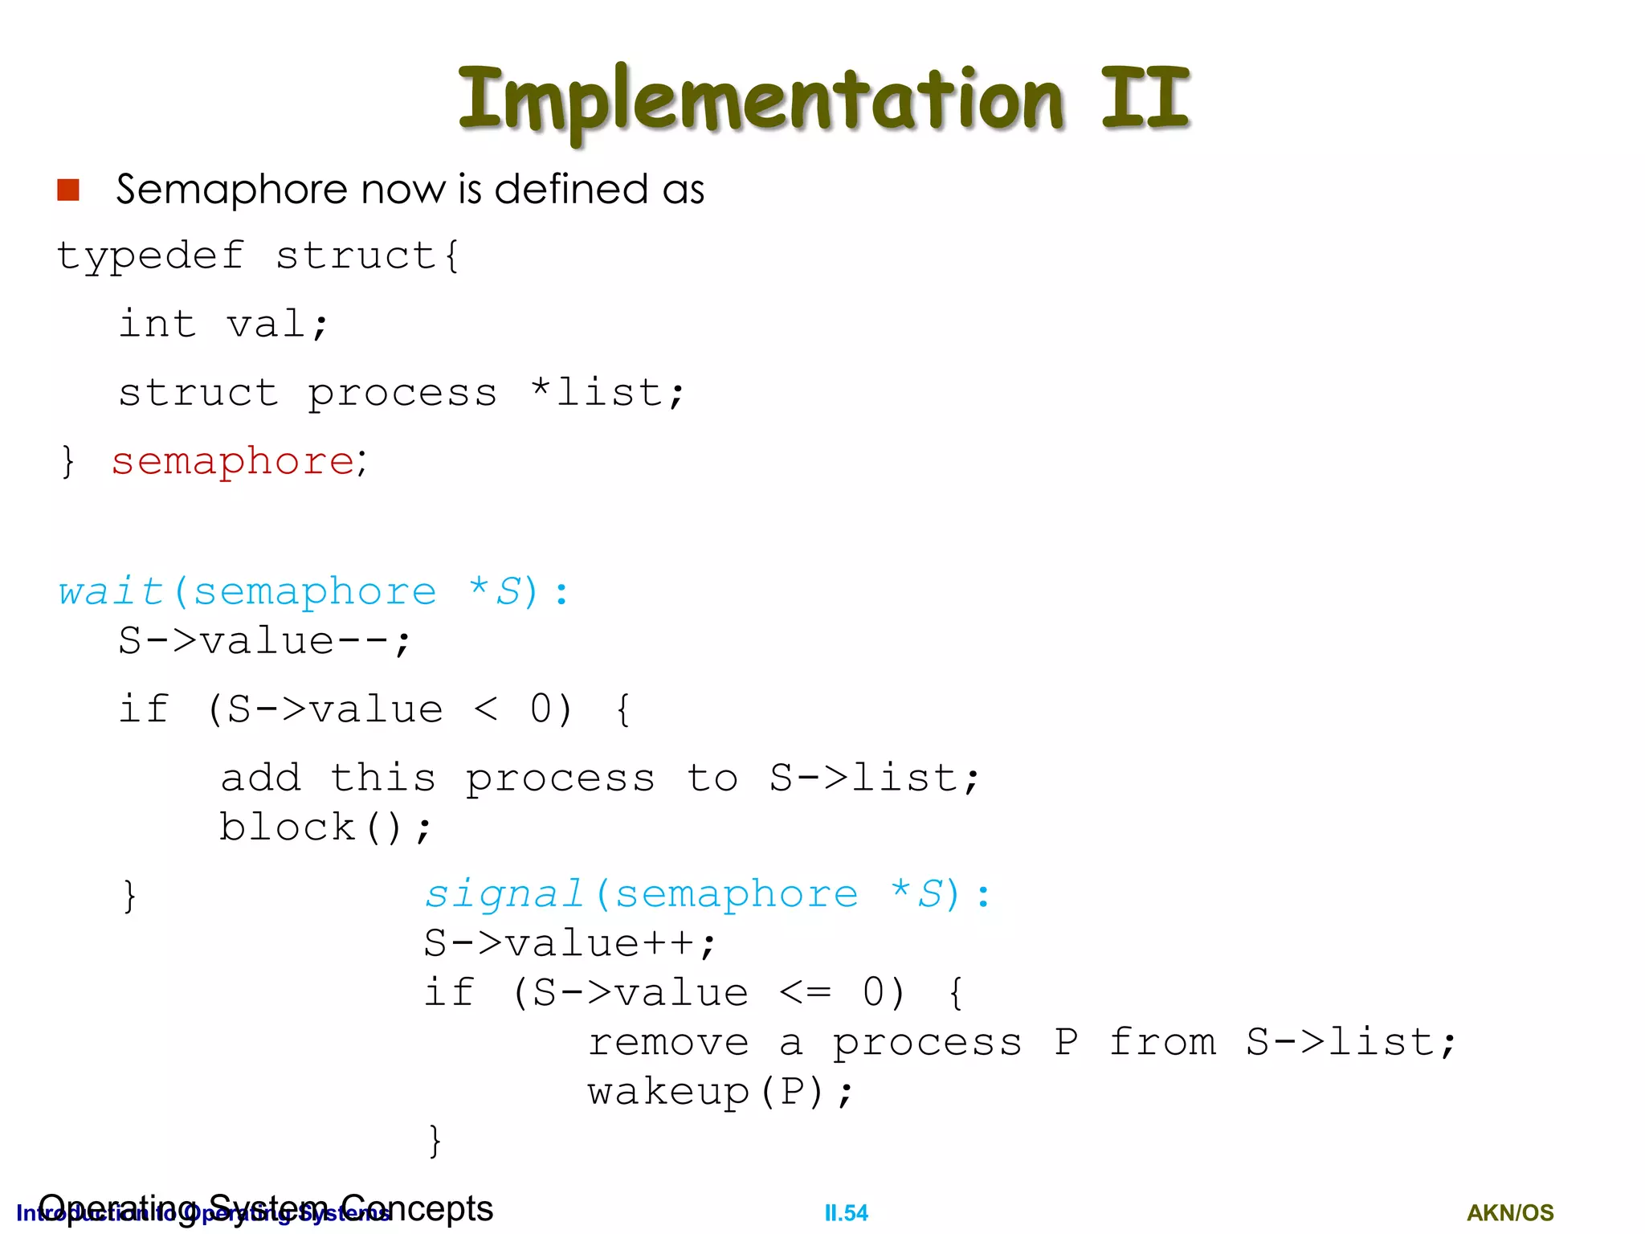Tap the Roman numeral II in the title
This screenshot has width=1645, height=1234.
pos(1145,98)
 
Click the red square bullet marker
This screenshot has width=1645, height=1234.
pos(68,190)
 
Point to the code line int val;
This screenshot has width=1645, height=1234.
pos(223,325)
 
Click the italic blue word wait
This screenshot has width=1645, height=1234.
pos(112,592)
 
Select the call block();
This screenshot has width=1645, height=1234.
pos(325,827)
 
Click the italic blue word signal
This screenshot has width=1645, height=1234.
pos(504,894)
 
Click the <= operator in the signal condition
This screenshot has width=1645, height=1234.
pos(805,993)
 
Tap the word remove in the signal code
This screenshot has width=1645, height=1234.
pos(668,1043)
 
